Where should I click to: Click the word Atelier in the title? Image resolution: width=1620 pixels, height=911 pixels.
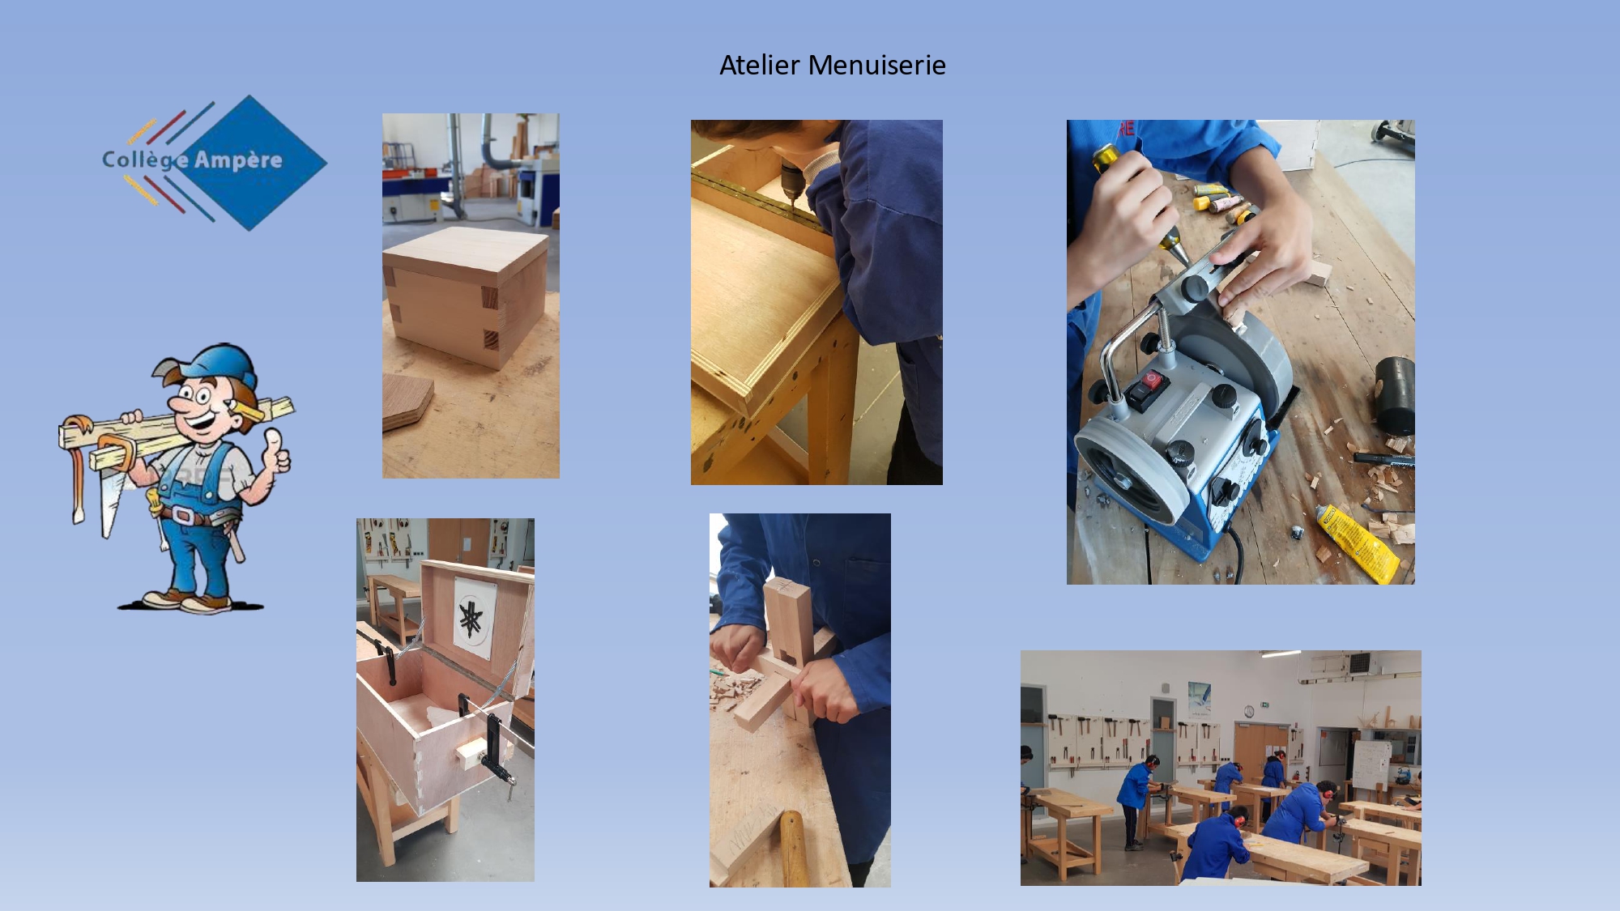coord(759,65)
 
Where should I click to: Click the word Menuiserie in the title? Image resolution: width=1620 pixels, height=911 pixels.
coord(877,65)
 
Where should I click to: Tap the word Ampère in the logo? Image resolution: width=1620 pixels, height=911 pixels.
coord(238,160)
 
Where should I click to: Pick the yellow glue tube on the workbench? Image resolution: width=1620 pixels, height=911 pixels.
coord(1356,542)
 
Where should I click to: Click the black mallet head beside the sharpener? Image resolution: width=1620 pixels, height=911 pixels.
coord(1395,396)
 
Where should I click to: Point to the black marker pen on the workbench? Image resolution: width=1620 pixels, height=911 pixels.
coord(1383,459)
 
